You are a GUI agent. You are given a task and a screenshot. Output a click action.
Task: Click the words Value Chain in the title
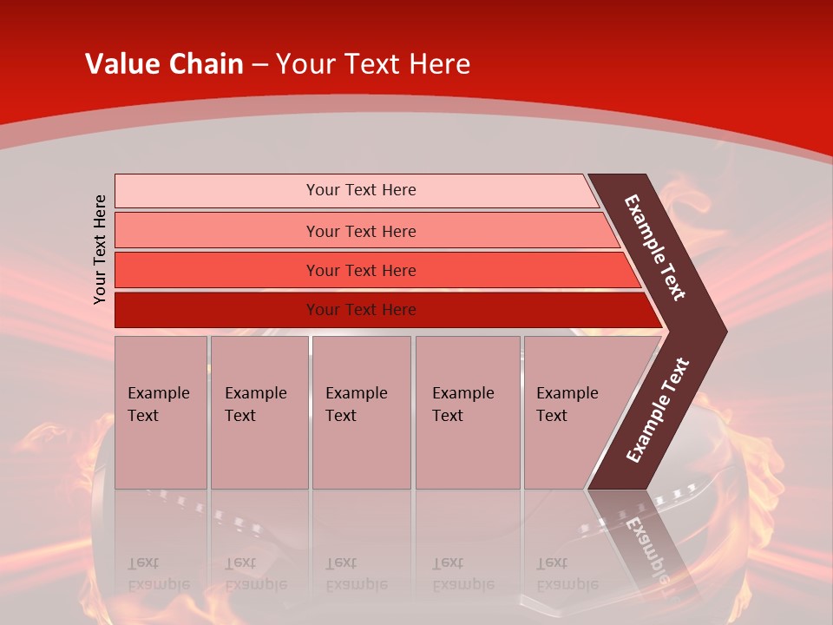[164, 64]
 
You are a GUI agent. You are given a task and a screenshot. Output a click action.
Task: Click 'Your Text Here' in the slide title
[373, 64]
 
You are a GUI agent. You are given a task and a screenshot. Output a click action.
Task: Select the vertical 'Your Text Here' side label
[100, 250]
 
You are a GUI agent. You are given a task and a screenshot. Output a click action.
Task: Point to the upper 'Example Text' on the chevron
[655, 248]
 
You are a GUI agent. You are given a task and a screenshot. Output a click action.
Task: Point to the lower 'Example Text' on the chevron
[658, 411]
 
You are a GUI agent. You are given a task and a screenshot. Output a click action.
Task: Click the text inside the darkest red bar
[361, 310]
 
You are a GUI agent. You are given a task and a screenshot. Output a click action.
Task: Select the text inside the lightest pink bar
[361, 190]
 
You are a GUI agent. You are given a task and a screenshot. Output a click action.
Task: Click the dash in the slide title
[259, 65]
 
